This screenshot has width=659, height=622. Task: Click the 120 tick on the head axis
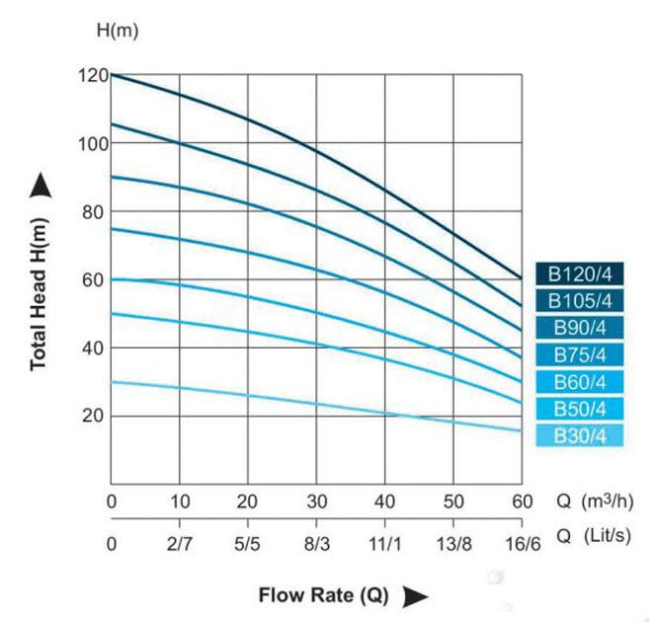pyautogui.click(x=91, y=75)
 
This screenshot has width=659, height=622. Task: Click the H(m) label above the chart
pyautogui.click(x=117, y=29)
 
